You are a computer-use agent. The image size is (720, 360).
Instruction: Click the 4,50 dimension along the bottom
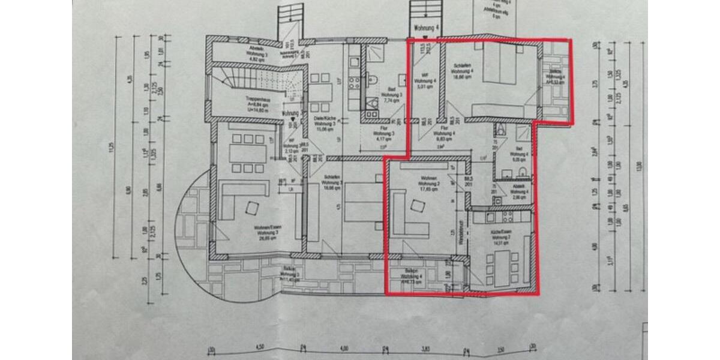(260, 348)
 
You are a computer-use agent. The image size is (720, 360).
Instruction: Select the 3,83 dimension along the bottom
(427, 348)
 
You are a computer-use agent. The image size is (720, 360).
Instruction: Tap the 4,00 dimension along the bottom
(344, 348)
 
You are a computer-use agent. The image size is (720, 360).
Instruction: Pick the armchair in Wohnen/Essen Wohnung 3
(251, 208)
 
